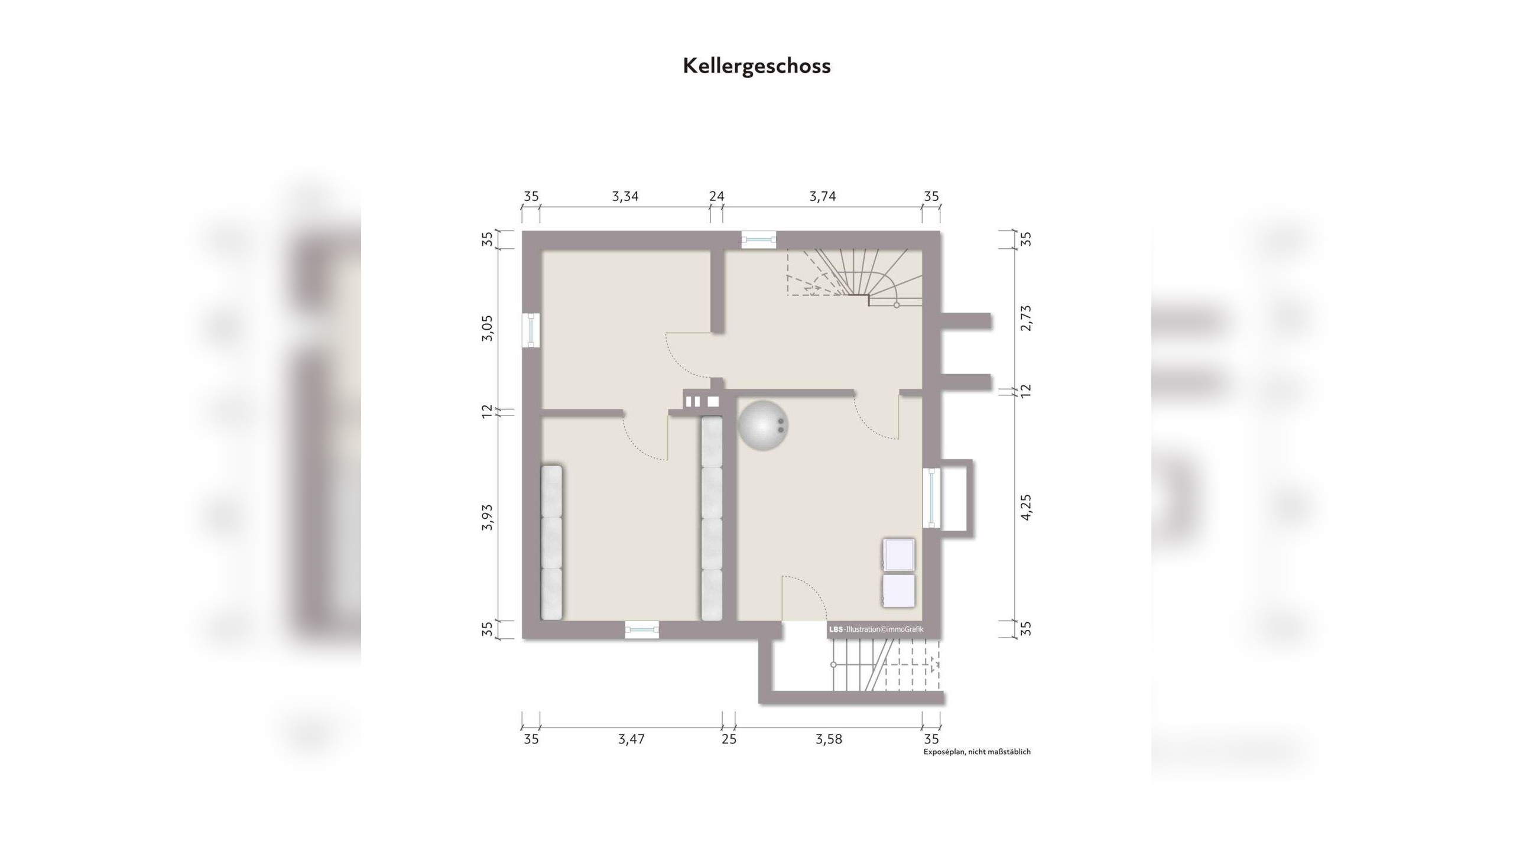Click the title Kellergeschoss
(x=756, y=66)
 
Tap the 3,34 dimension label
(x=625, y=196)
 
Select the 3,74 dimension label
(x=823, y=196)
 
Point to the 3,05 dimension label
(x=487, y=329)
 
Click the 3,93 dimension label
(x=487, y=518)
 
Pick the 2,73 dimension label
(x=1026, y=318)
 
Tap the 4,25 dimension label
(x=1026, y=508)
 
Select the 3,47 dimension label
(x=631, y=739)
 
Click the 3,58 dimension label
(x=829, y=739)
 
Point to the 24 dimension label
(x=716, y=196)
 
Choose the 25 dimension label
(x=729, y=739)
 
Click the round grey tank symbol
(x=763, y=425)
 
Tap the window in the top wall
(x=759, y=239)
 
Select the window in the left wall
(x=531, y=330)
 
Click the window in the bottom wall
(x=642, y=630)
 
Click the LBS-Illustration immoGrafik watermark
(x=876, y=629)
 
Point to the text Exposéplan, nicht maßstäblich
(x=977, y=752)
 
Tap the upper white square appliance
(x=898, y=555)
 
